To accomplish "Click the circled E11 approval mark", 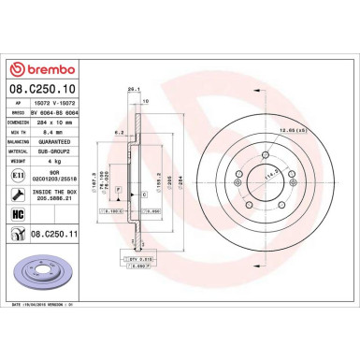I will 19,175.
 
